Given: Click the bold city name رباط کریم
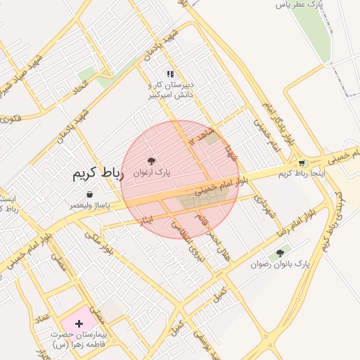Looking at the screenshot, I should pyautogui.click(x=98, y=174).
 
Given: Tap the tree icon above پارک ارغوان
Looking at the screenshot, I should pyautogui.click(x=151, y=161).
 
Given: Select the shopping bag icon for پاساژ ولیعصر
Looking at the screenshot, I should pyautogui.click(x=89, y=194).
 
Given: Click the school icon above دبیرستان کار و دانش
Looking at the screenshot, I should pyautogui.click(x=169, y=74).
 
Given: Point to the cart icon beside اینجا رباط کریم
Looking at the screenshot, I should pyautogui.click(x=302, y=163).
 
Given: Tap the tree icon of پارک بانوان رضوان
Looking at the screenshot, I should pyautogui.click(x=280, y=253).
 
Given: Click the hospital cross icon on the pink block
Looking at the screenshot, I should pyautogui.click(x=79, y=323).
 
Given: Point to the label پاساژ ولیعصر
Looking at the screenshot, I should pyautogui.click(x=89, y=205).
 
